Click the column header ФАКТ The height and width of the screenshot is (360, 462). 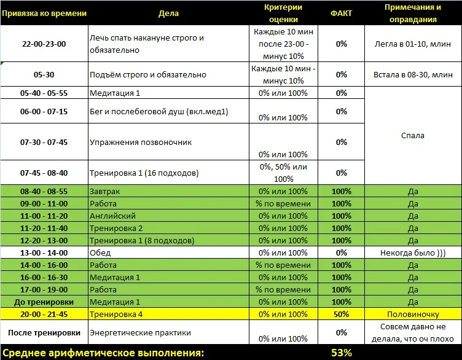coord(341,13)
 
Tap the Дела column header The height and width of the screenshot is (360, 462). coord(168,13)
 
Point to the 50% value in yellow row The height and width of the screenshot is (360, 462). coord(341,314)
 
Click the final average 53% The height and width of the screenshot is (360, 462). coord(341,353)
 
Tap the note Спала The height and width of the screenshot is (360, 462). coord(412,136)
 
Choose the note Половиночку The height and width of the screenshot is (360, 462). coord(412,314)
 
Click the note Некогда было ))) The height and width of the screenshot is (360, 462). coord(412,252)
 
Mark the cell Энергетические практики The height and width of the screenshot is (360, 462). coord(140,332)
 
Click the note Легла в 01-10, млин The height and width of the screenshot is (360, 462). coord(412,44)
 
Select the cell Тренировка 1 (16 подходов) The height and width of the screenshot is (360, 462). coord(144,173)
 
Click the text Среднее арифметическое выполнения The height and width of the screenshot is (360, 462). coord(103,353)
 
